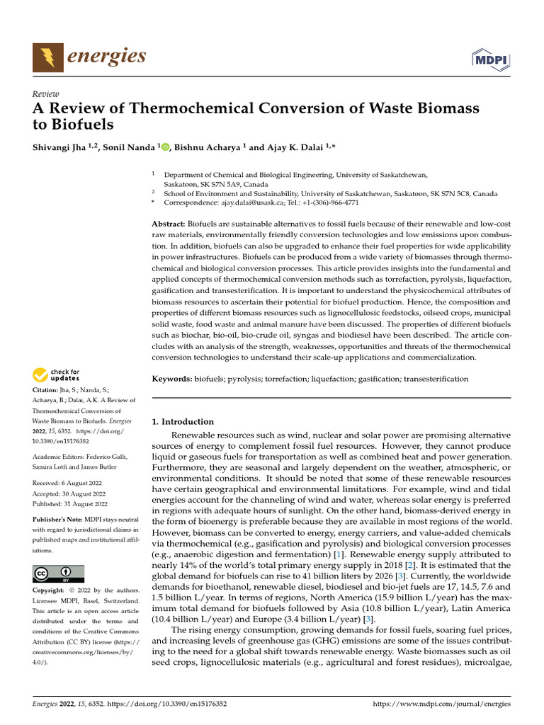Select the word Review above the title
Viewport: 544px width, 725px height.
[46, 94]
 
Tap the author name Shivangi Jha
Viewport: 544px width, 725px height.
[64, 147]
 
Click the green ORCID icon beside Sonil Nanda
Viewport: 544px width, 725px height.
[166, 147]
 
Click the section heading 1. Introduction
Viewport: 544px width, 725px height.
[183, 422]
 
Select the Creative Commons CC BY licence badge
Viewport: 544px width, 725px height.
[59, 573]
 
